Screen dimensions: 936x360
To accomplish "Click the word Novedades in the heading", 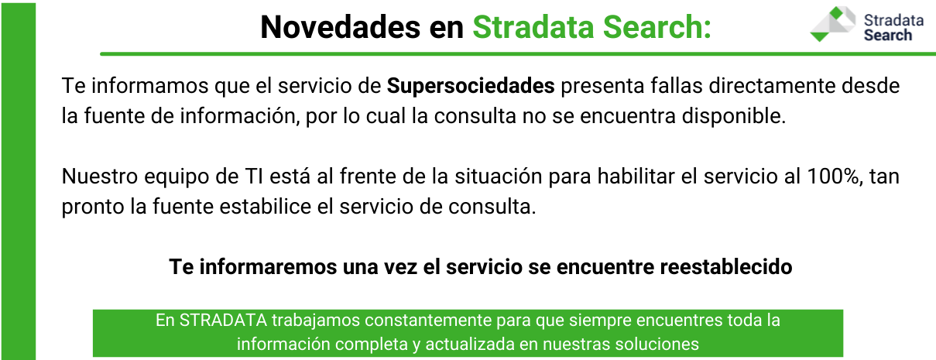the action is pyautogui.click(x=340, y=28).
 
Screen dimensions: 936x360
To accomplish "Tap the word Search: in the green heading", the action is pyautogui.click(x=657, y=28).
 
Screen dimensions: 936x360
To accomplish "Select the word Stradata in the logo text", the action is pyautogui.click(x=893, y=20).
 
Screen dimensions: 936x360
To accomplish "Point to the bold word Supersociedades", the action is pyautogui.click(x=471, y=87).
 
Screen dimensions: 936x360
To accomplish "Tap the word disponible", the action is pyautogui.click(x=734, y=116).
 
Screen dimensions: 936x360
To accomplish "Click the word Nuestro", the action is pyautogui.click(x=100, y=177).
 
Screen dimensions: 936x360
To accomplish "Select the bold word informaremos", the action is pyautogui.click(x=268, y=267).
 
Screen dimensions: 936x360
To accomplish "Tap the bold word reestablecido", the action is pyautogui.click(x=726, y=267).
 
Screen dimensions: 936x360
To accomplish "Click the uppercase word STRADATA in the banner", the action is pyautogui.click(x=223, y=321).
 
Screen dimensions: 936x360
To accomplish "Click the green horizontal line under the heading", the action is pyautogui.click(x=518, y=54).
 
